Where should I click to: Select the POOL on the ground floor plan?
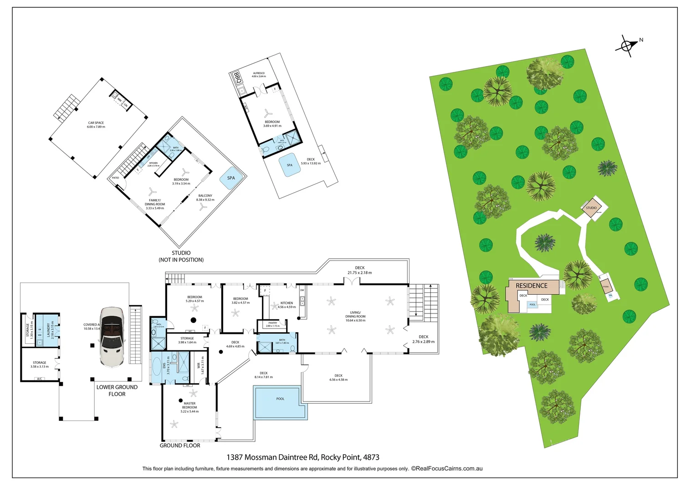[280, 402]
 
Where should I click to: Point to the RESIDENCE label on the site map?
[532, 286]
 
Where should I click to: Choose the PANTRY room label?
[273, 324]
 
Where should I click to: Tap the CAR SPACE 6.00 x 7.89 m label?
[96, 125]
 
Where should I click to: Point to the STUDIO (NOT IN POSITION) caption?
[181, 256]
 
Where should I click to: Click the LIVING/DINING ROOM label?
[355, 317]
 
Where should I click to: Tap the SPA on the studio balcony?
[231, 178]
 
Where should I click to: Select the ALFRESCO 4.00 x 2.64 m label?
[259, 75]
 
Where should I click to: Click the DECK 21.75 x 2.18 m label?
[360, 270]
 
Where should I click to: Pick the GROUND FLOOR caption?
[180, 446]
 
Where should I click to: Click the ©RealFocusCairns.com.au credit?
[447, 468]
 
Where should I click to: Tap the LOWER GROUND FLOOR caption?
[117, 390]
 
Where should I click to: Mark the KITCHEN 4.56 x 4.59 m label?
[287, 305]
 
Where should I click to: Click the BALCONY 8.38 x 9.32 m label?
[205, 198]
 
